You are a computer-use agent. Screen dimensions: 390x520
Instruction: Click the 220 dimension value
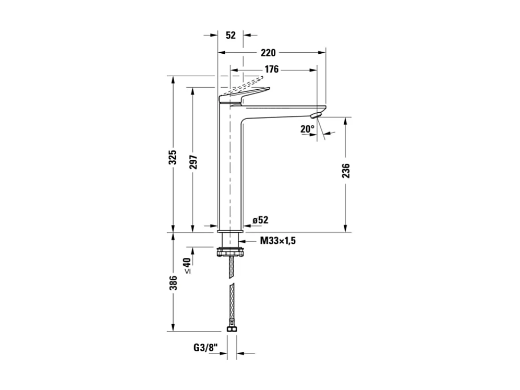pos(268,53)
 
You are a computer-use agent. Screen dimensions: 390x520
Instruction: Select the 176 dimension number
pos(271,69)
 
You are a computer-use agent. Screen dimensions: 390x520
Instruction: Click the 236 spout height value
pos(346,171)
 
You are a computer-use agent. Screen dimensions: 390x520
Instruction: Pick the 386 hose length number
pos(173,282)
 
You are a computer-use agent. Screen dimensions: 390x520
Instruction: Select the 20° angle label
pos(308,128)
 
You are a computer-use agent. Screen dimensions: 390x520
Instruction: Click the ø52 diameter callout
pos(260,220)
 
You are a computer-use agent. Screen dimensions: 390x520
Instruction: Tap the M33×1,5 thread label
pos(278,241)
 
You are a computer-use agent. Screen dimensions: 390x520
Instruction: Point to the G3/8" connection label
pos(203,348)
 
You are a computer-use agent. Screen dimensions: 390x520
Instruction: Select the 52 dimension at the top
pos(231,36)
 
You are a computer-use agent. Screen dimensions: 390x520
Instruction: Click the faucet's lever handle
pos(245,93)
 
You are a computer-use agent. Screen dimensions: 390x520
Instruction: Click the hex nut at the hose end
pos(231,329)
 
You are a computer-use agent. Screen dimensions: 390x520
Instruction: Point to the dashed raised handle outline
pos(245,83)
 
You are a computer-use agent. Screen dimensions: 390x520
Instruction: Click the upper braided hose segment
pos(231,269)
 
